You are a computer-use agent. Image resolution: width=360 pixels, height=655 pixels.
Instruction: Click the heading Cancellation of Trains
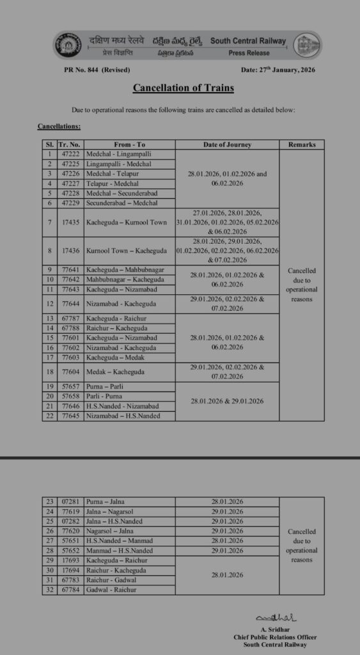(x=184, y=88)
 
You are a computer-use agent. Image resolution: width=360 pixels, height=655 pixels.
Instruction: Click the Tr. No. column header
(x=69, y=145)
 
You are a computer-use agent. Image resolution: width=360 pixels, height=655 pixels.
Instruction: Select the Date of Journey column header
(x=227, y=145)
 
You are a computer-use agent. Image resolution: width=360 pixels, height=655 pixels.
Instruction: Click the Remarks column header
(x=302, y=145)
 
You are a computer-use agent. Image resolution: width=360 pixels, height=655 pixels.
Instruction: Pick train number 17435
(x=69, y=222)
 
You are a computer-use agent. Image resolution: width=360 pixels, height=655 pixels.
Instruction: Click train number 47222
(x=69, y=154)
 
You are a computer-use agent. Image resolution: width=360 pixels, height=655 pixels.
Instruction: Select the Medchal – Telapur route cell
(x=112, y=173)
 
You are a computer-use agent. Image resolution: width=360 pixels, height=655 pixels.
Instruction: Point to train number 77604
(x=69, y=372)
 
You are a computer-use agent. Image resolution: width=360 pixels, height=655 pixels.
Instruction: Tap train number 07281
(x=69, y=502)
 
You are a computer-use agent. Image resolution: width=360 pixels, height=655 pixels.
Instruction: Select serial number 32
(x=49, y=590)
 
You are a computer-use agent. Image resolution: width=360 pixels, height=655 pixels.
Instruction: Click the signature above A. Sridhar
(x=275, y=619)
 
